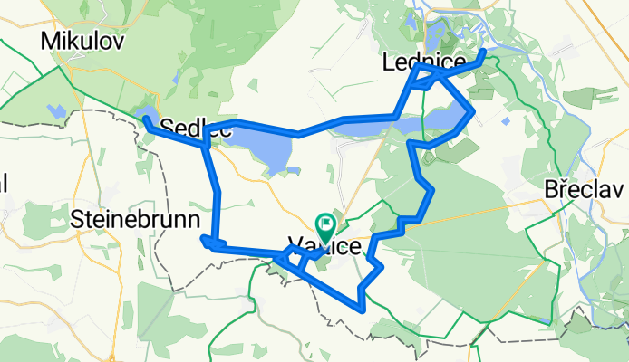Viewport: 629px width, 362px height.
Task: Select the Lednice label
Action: pyautogui.click(x=424, y=62)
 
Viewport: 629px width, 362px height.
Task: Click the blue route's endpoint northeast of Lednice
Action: pyautogui.click(x=484, y=51)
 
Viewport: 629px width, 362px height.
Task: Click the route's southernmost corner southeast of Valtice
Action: pyautogui.click(x=363, y=310)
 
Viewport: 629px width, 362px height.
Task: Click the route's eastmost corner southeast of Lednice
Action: pyautogui.click(x=473, y=112)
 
